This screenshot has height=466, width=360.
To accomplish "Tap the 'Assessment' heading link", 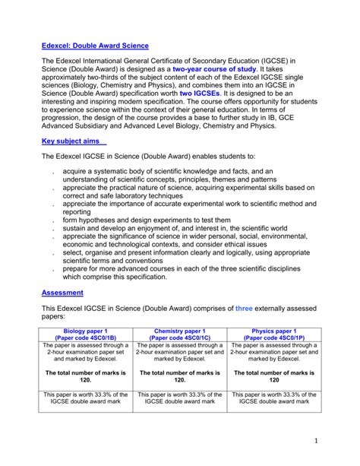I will (62, 292).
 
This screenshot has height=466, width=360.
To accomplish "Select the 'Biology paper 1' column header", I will (85, 331).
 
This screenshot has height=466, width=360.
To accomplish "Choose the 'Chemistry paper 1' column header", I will (179, 331).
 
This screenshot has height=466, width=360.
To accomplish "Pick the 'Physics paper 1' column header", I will (273, 331).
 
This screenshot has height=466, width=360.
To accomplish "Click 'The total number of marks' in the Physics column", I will (273, 373).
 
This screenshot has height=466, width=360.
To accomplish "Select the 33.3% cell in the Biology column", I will (85, 398).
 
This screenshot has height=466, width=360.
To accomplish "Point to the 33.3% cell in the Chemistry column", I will (179, 398).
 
